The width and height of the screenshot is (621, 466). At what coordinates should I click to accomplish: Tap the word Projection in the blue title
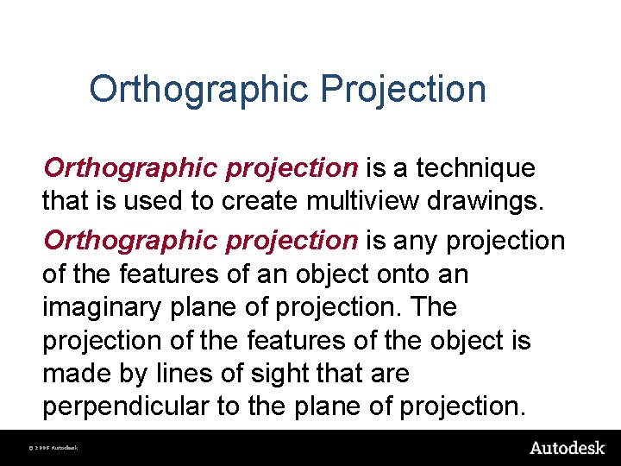coord(404,90)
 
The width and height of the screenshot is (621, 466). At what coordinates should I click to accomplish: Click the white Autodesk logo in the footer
coord(567,448)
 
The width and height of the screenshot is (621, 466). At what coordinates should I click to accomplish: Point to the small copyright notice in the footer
coord(53,449)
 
